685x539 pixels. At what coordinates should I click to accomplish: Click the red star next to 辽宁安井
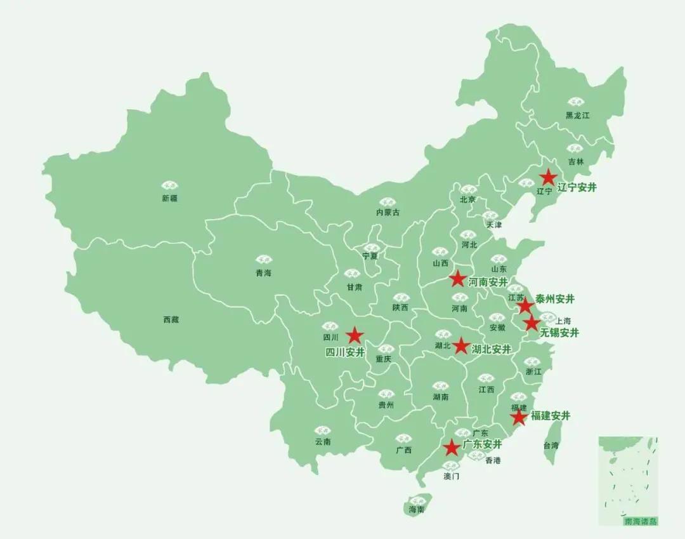pyautogui.click(x=548, y=177)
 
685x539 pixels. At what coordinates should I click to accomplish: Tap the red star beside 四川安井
pyautogui.click(x=354, y=335)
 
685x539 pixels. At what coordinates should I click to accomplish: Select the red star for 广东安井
pyautogui.click(x=452, y=448)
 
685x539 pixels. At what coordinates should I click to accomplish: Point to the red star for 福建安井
pyautogui.click(x=519, y=417)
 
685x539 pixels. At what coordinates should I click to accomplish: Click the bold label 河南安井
pyautogui.click(x=488, y=282)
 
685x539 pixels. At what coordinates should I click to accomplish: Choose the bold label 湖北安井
pyautogui.click(x=492, y=349)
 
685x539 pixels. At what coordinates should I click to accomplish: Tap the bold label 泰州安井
pyautogui.click(x=555, y=299)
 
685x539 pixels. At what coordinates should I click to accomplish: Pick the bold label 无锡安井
pyautogui.click(x=559, y=332)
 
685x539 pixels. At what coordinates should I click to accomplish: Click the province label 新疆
pyautogui.click(x=170, y=198)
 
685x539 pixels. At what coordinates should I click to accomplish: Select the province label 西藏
pyautogui.click(x=171, y=319)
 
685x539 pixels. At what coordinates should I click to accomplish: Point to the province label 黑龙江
pyautogui.click(x=578, y=116)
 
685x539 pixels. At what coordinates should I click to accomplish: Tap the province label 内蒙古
pyautogui.click(x=388, y=213)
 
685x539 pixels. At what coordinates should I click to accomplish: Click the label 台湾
pyautogui.click(x=551, y=446)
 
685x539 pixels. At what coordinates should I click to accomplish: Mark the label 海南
pyautogui.click(x=417, y=509)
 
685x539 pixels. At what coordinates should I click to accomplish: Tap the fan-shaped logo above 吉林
pyautogui.click(x=576, y=149)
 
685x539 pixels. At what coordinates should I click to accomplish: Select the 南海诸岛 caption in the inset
pyautogui.click(x=641, y=521)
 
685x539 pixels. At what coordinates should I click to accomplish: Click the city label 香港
pyautogui.click(x=493, y=460)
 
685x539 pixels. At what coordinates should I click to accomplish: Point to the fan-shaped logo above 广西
pyautogui.click(x=403, y=438)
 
